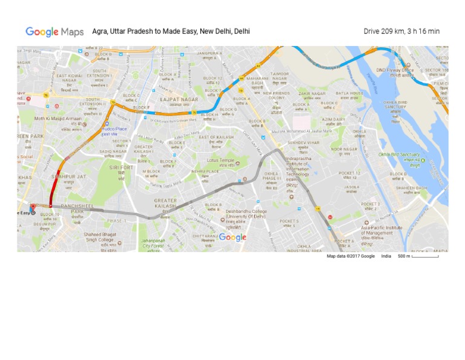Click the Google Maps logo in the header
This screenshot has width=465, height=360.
(54, 32)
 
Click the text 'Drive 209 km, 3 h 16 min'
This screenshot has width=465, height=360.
(401, 32)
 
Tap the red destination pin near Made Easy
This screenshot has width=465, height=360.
(33, 208)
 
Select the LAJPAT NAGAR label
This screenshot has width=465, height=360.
(179, 99)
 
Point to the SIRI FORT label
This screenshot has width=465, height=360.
(121, 167)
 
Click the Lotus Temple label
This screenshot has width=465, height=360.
(220, 161)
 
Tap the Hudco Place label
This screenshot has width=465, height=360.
(114, 128)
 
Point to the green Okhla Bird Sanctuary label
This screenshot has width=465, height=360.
(399, 155)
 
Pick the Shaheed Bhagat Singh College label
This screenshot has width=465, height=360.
(99, 237)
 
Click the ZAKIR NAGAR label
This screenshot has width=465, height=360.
(312, 94)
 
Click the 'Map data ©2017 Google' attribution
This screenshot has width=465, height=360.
(351, 256)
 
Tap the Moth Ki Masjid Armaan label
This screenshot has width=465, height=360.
(58, 119)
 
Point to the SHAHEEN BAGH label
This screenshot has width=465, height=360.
(412, 188)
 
